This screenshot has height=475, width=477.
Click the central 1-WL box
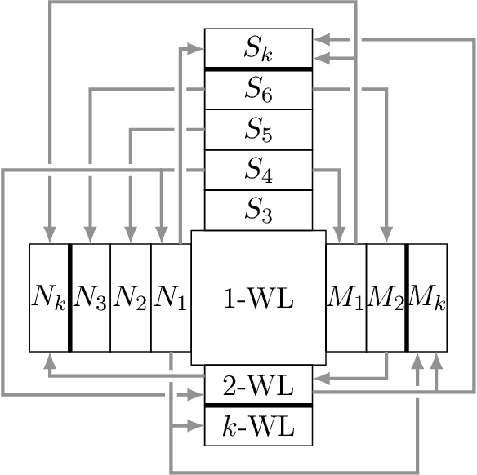(258, 298)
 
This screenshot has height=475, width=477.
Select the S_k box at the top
(258, 49)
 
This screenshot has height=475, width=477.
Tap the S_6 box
(258, 90)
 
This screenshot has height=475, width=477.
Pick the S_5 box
(258, 130)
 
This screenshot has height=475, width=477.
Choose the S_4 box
(258, 171)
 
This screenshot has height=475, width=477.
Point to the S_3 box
(258, 211)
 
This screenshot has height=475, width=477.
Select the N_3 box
(90, 298)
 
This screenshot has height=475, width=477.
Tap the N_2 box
(130, 298)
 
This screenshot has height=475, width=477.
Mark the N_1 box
(171, 298)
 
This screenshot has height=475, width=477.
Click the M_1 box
(345, 298)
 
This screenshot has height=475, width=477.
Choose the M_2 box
(386, 298)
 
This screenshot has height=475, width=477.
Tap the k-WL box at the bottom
(258, 425)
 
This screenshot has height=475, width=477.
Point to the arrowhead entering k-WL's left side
(197, 425)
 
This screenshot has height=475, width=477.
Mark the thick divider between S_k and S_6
(258, 69)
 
